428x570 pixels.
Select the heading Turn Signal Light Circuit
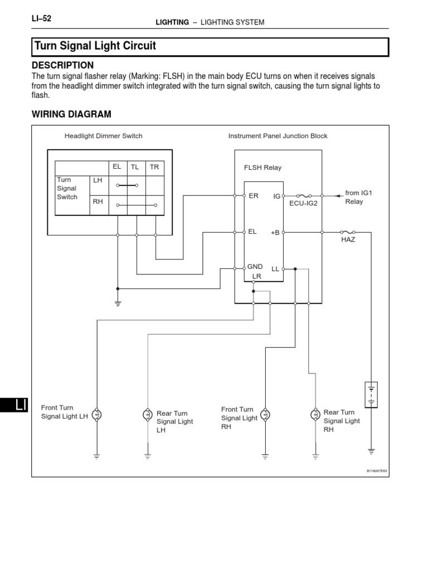pyautogui.click(x=95, y=46)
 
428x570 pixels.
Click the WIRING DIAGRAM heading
pyautogui.click(x=71, y=114)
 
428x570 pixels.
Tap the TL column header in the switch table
pyautogui.click(x=135, y=166)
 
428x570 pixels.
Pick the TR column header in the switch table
pyautogui.click(x=154, y=166)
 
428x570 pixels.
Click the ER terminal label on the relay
pyautogui.click(x=254, y=196)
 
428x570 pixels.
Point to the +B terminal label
pyautogui.click(x=275, y=233)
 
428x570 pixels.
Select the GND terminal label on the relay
pyautogui.click(x=255, y=267)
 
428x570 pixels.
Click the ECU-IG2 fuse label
pyautogui.click(x=303, y=204)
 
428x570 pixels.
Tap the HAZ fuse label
pyautogui.click(x=348, y=239)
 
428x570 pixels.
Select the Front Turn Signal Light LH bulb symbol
pyautogui.click(x=97, y=415)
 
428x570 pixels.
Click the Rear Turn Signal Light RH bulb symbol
pyautogui.click(x=315, y=414)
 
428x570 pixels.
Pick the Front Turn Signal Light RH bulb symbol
pyautogui.click(x=266, y=414)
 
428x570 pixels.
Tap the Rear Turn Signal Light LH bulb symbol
pyautogui.click(x=148, y=415)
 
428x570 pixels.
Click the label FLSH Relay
pyautogui.click(x=262, y=168)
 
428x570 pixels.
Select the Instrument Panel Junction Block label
pyautogui.click(x=278, y=136)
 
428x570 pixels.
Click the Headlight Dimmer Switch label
pyautogui.click(x=103, y=136)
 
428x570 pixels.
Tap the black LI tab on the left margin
pyautogui.click(x=14, y=405)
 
